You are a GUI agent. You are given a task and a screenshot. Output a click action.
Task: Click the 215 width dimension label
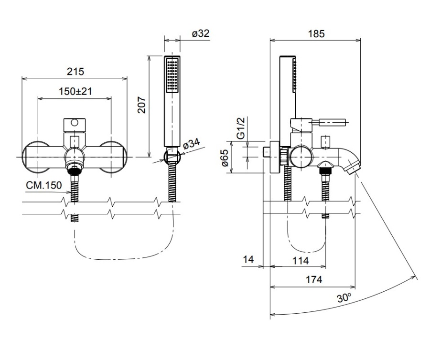click(75, 72)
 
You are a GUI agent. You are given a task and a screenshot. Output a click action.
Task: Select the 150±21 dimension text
click(75, 91)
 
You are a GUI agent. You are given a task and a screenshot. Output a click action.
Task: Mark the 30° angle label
click(344, 298)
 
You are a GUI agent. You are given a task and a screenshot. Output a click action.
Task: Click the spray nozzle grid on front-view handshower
click(172, 75)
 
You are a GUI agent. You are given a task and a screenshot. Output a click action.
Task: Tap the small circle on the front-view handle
click(74, 124)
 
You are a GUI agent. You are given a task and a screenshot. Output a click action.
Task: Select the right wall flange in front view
click(115, 157)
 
